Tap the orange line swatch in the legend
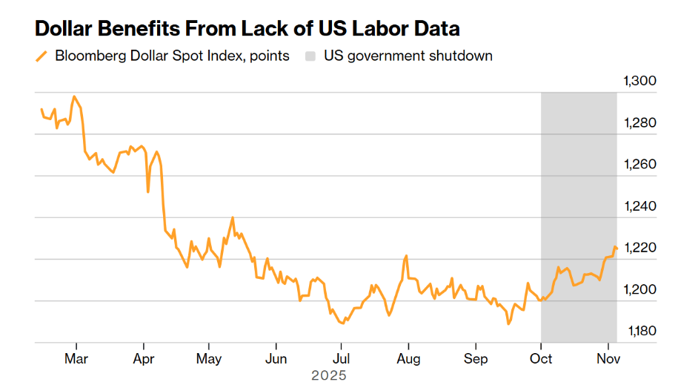coord(41,56)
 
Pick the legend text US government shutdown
coord(408,56)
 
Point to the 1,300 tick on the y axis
coord(642,82)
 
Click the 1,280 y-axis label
coord(642,123)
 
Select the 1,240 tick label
coord(642,206)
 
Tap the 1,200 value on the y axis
coord(642,289)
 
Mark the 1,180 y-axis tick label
coord(642,331)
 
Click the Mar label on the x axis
coord(76,360)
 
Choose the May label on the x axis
coord(209,360)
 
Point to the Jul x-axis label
coord(341,360)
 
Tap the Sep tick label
coord(476,360)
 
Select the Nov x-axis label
coord(608,360)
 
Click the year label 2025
coord(328,375)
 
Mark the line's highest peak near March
coord(73,96)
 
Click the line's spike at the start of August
coord(407,255)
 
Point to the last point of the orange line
coord(616,249)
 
